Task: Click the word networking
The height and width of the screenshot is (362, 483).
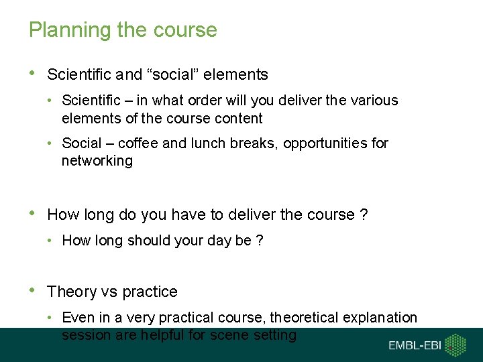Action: [97, 161]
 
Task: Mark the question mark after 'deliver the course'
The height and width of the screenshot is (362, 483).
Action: [364, 215]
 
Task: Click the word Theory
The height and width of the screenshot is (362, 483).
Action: [72, 292]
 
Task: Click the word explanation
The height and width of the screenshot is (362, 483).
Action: [380, 317]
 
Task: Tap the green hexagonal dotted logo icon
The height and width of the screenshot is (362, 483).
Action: [456, 345]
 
